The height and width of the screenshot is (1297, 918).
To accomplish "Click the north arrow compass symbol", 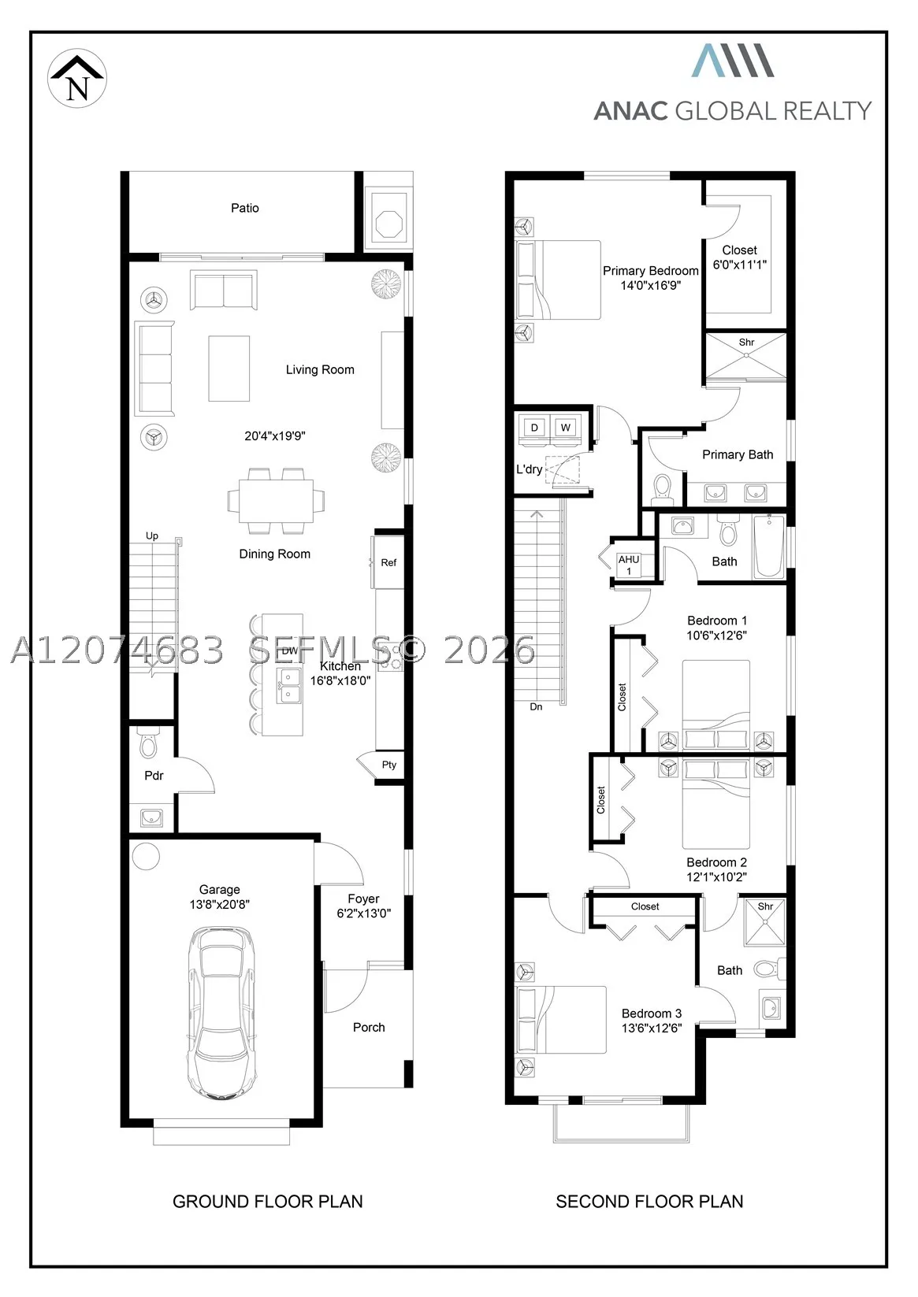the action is coord(77,78).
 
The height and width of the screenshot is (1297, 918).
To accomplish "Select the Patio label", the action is coord(244,208).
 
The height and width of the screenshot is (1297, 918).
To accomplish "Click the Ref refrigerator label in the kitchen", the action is coord(388,562).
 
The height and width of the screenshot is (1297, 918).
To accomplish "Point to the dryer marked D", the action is coord(533,428).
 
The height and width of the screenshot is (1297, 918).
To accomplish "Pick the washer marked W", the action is coord(565,428).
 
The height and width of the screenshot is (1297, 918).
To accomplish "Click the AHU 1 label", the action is coord(628,565).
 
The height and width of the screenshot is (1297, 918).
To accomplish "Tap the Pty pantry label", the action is coord(389,765).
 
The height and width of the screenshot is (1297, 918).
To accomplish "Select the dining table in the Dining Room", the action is coord(276,501).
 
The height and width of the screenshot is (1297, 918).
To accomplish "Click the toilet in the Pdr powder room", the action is coord(148,743).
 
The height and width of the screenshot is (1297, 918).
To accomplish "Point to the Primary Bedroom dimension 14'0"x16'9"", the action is coord(650,285).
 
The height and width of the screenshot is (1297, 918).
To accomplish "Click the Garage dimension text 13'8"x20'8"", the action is coord(219,904).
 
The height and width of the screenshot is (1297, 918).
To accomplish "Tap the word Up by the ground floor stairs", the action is coord(152,536).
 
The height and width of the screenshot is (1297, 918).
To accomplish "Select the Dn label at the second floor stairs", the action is coord(536,706).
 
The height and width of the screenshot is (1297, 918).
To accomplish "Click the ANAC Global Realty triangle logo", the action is coord(733,60).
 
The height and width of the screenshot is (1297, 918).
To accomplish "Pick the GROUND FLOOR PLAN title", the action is coord(268,1202).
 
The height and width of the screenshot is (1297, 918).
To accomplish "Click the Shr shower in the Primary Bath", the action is coord(746,355).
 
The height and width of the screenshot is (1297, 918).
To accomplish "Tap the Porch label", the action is coord(369,1027).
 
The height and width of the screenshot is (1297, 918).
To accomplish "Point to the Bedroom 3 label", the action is coord(652,1014).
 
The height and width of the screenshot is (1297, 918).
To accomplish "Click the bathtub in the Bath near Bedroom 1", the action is coord(769,547).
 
